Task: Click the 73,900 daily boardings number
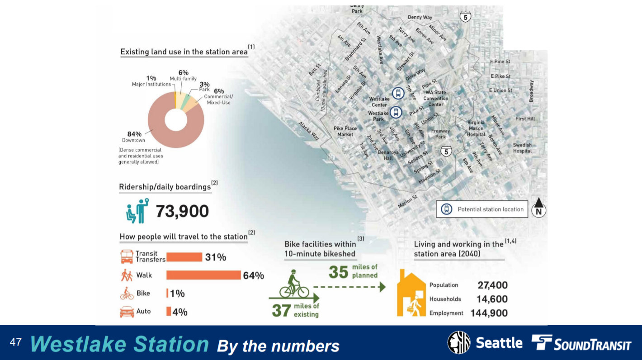(x=182, y=211)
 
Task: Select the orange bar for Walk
(x=203, y=275)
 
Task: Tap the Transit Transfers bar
(x=184, y=257)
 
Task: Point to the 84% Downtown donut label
(x=134, y=137)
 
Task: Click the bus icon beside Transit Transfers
(x=127, y=257)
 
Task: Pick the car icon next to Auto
(x=127, y=312)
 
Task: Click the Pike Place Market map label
(x=345, y=131)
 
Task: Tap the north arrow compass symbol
(x=538, y=208)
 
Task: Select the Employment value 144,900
(x=489, y=313)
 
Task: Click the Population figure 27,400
(x=492, y=285)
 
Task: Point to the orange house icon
(x=411, y=293)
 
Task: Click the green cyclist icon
(x=294, y=284)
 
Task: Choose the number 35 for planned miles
(x=339, y=272)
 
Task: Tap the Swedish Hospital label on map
(x=522, y=148)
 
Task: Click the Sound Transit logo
(x=581, y=343)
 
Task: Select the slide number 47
(x=15, y=342)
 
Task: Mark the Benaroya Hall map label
(x=388, y=155)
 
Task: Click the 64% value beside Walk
(x=254, y=275)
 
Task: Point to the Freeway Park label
(x=440, y=134)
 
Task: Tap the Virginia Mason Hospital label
(x=476, y=128)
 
